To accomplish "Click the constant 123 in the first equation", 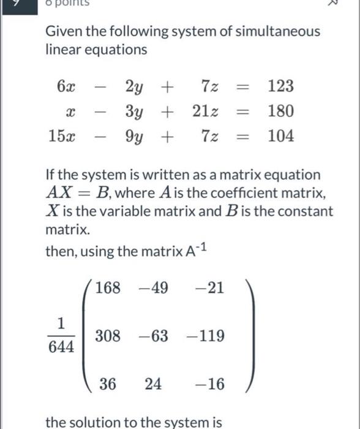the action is pos(281,86).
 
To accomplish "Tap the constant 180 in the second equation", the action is pos(281,112).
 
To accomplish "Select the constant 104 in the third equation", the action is pos(281,136).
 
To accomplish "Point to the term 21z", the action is pos(202,112).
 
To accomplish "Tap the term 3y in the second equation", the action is pos(134,112).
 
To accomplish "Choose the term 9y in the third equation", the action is pos(134,136).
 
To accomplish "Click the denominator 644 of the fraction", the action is pos(61,347).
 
